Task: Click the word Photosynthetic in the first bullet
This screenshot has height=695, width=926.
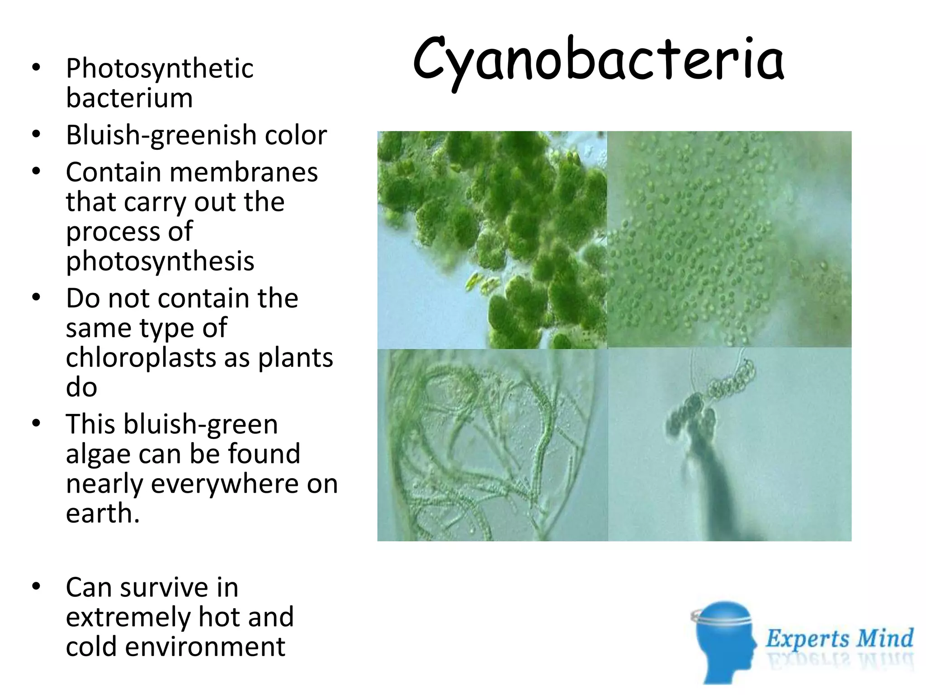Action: [x=160, y=69]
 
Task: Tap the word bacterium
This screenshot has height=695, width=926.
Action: [x=129, y=98]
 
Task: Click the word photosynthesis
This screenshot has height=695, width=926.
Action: [x=160, y=262]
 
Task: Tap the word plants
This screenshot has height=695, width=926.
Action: [x=295, y=358]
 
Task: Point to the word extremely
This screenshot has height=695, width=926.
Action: [x=128, y=617]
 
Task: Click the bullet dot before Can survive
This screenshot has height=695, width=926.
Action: [x=36, y=587]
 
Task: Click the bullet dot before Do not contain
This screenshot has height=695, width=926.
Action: [x=36, y=298]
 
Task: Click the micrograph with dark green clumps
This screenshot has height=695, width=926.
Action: [x=492, y=240]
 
